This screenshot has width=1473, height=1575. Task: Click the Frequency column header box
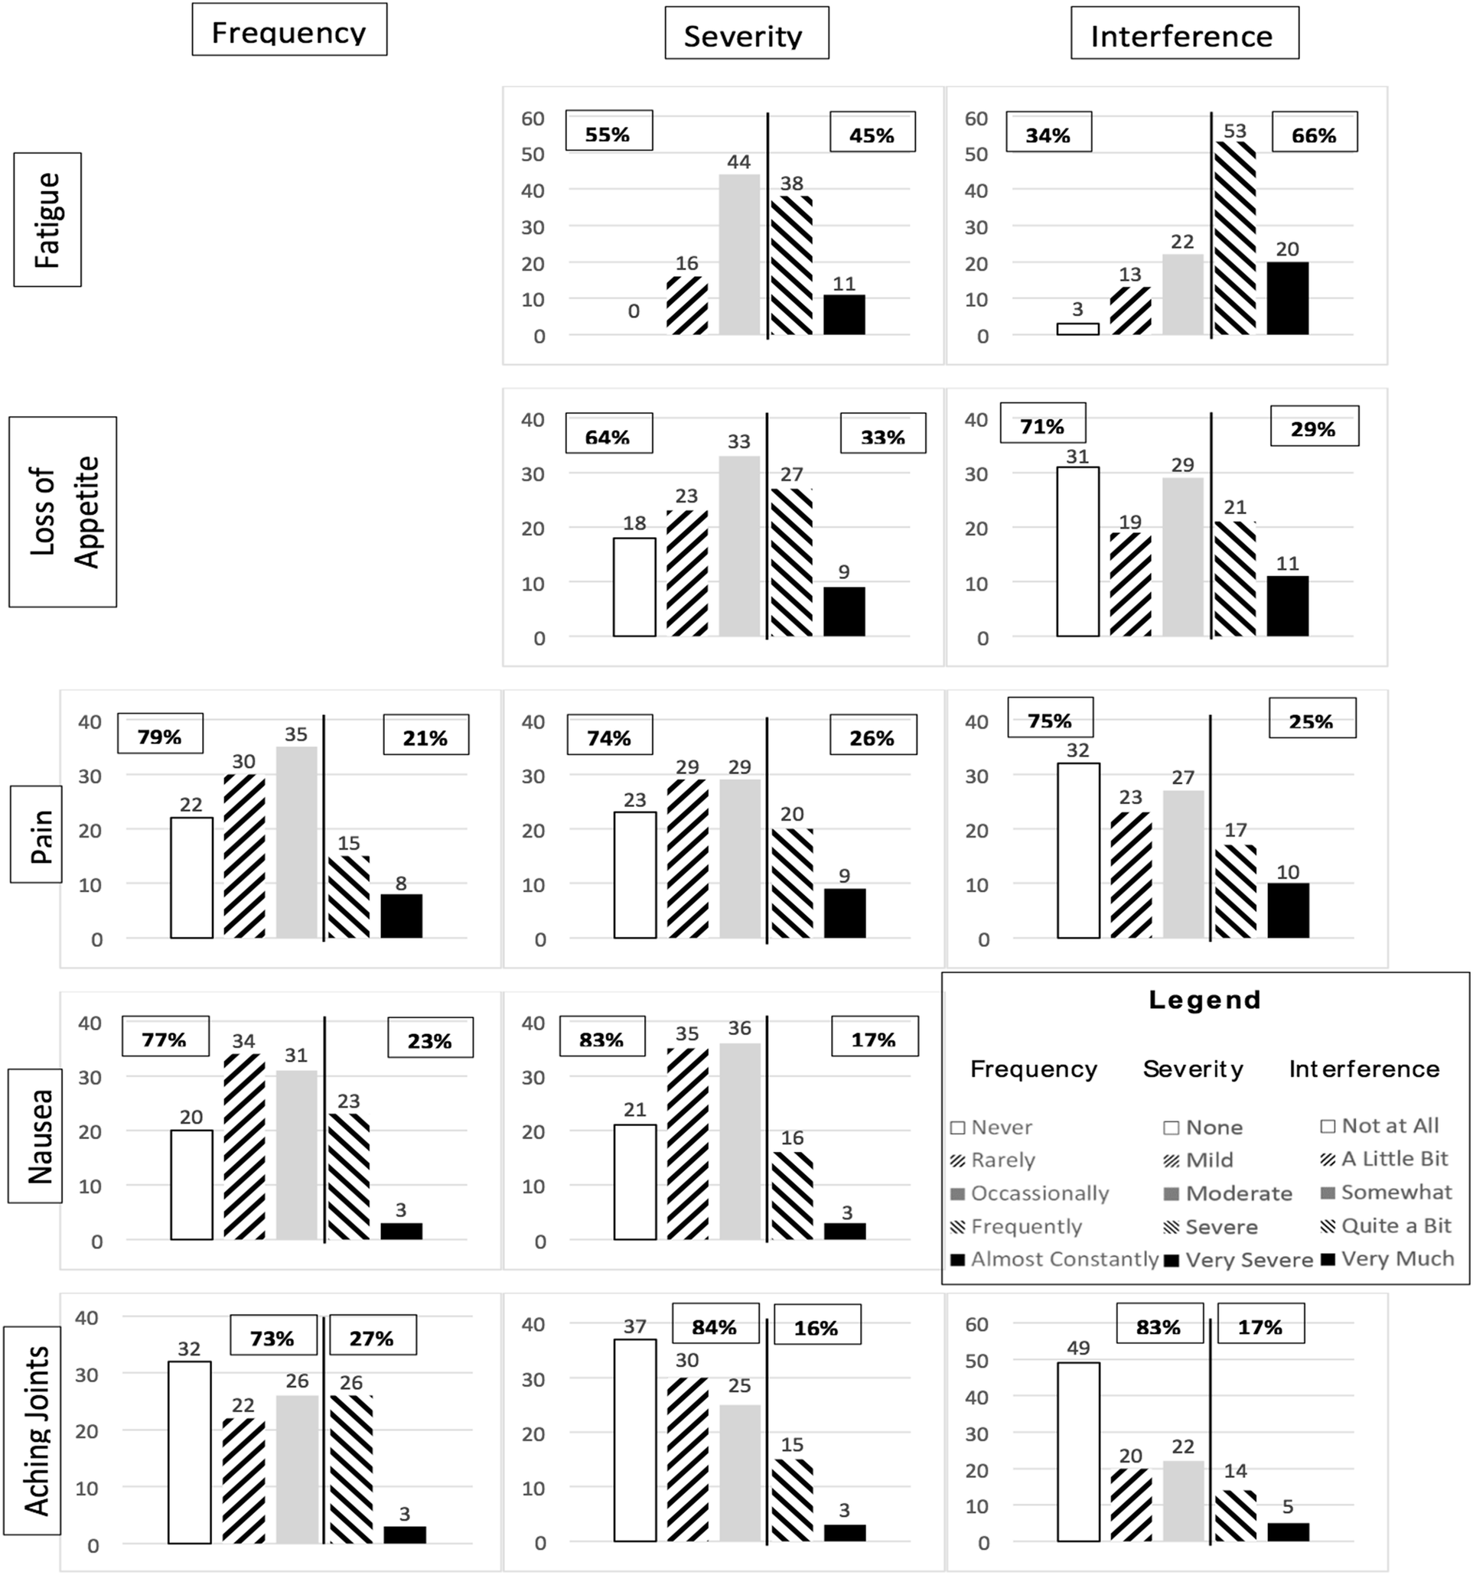[x=289, y=31]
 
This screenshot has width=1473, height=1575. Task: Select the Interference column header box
[x=1184, y=34]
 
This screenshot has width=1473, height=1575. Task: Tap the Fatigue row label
[x=47, y=220]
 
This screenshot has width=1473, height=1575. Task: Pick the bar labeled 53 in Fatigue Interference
[x=1234, y=238]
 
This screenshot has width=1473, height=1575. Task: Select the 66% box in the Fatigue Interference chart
[x=1314, y=133]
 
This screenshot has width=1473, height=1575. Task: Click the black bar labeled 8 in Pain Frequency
[x=401, y=916]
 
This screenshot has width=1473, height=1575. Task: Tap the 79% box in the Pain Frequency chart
[x=160, y=734]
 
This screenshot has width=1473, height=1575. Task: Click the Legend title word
[x=1204, y=1000]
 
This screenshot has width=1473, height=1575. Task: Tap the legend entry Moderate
[x=1238, y=1193]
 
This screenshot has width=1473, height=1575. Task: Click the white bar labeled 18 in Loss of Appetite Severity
[x=634, y=587]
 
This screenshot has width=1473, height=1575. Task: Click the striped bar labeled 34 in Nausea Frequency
[x=244, y=1147]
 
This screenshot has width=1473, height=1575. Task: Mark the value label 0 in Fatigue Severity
[x=633, y=311]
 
